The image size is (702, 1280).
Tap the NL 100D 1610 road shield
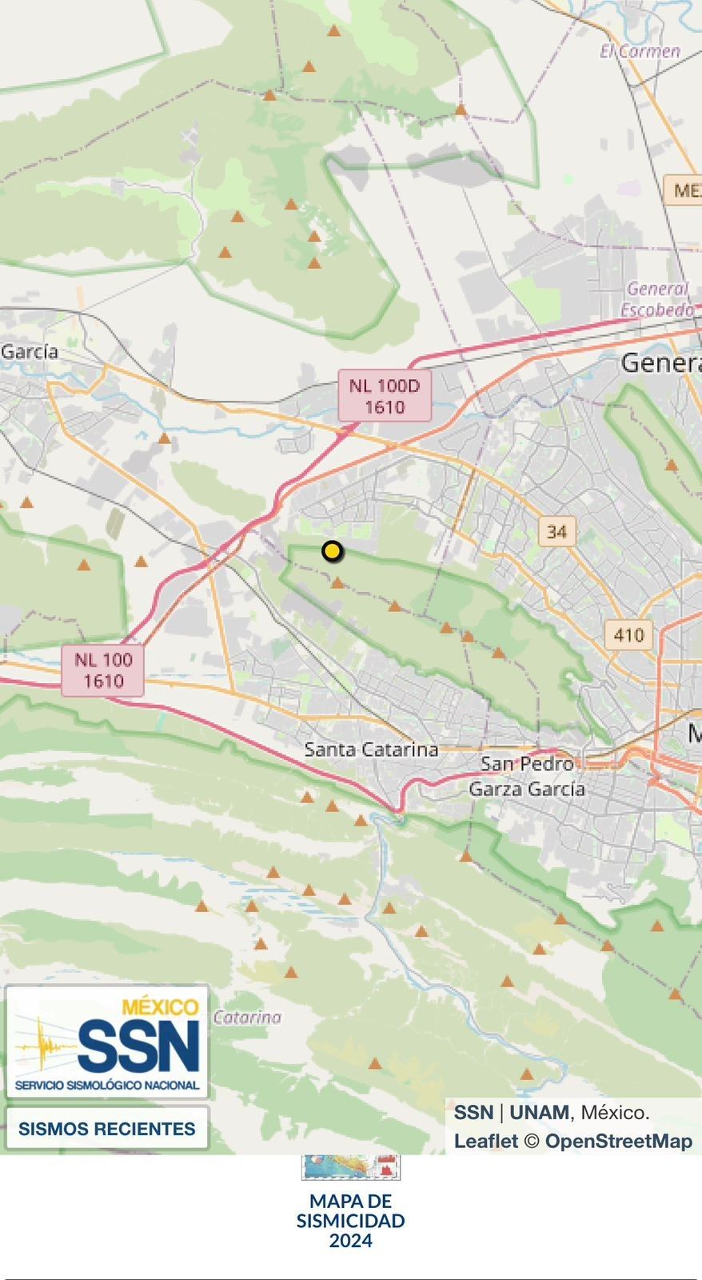coord(385,396)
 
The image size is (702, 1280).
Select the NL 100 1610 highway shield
coord(104,670)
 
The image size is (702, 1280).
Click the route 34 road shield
coord(557,530)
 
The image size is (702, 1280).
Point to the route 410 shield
coord(628,635)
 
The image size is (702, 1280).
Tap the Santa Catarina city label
coord(371,750)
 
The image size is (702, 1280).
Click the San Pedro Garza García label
coord(527,777)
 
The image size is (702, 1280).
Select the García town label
coord(30,351)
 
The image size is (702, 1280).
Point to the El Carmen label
coord(640,51)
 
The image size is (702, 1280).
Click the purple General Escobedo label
coord(657,299)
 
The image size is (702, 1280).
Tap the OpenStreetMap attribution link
coord(618,1142)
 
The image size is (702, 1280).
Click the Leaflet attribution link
coord(486,1142)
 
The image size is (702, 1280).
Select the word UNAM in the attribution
coord(539,1112)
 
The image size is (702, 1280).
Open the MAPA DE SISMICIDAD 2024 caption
coord(351,1221)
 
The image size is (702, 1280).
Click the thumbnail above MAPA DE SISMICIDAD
coord(351,1167)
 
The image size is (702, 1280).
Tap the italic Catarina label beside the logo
coord(247,1018)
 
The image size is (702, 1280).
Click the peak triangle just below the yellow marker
coord(337,583)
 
